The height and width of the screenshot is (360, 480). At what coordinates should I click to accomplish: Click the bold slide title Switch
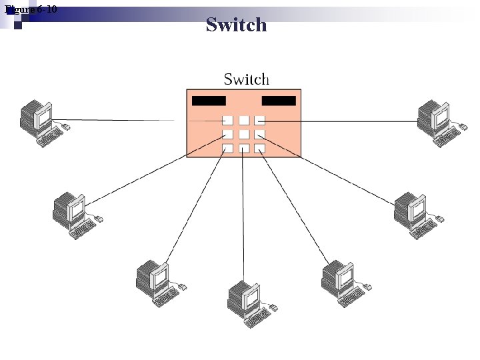[x=236, y=25]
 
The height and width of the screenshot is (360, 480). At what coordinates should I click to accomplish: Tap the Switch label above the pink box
[x=246, y=79]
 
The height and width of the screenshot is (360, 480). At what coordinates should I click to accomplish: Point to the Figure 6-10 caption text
[x=31, y=9]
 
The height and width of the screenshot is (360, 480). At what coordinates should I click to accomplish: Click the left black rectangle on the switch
[x=209, y=101]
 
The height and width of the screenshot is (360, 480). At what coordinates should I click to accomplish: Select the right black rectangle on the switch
[x=279, y=101]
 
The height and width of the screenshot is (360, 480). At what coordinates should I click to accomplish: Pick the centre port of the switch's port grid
[x=244, y=135]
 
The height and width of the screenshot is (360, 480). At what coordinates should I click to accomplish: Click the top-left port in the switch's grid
[x=227, y=121]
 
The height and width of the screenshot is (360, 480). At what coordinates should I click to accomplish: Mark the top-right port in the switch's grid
[x=260, y=121]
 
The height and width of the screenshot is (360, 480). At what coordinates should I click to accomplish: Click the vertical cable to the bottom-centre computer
[x=243, y=220]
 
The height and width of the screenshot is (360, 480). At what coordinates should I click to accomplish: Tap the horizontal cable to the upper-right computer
[x=347, y=121]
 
